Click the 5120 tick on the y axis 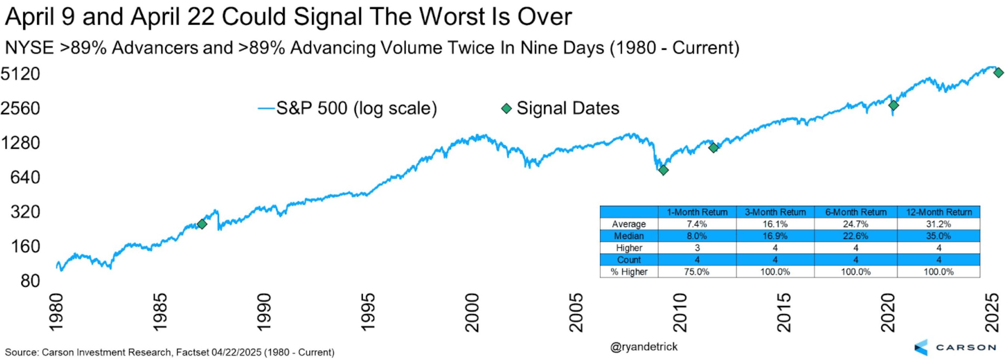(x=20, y=74)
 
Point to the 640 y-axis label (x=25, y=177)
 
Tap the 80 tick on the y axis (x=30, y=281)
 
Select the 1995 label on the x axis (x=368, y=313)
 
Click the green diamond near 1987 (x=202, y=224)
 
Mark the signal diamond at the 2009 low (x=663, y=170)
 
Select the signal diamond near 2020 (x=893, y=105)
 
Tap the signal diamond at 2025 (x=998, y=72)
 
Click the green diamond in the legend (x=506, y=108)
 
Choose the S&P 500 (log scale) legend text (x=356, y=108)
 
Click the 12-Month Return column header (x=938, y=212)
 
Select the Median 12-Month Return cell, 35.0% (x=938, y=236)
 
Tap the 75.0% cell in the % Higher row (x=697, y=272)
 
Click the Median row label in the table (x=628, y=236)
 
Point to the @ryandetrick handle (x=644, y=347)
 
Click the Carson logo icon (x=922, y=347)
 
